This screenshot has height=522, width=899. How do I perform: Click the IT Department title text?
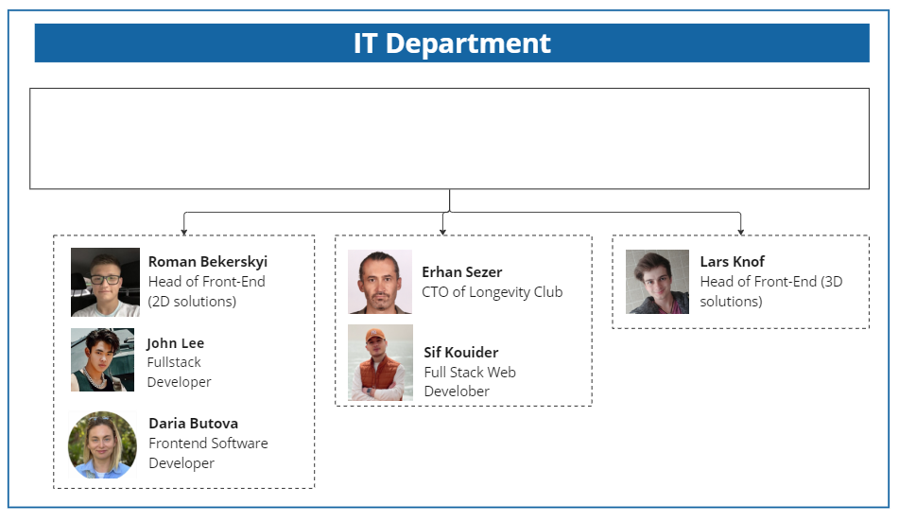coord(452,43)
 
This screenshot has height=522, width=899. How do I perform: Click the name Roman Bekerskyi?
coord(208,261)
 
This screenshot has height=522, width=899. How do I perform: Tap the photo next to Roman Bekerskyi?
coord(105,282)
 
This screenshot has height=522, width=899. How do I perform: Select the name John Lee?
coord(175,342)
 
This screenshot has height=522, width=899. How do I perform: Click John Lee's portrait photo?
coord(102,359)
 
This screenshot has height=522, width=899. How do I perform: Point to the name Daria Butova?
coord(193,423)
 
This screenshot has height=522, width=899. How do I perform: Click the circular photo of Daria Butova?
coord(102,444)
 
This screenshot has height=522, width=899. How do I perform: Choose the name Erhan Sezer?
coord(462,271)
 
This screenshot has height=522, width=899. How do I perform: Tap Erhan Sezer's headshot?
coord(379,281)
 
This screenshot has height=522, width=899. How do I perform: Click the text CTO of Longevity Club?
coord(492,291)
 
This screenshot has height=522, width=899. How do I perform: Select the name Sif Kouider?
coord(460,352)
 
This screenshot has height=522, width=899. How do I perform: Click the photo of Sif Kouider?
coord(380,362)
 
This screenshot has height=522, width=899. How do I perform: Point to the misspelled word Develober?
coord(457,391)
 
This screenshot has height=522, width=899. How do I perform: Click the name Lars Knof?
coord(732,261)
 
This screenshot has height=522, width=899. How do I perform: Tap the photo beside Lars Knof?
coord(657,281)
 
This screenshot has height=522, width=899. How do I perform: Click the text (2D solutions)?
coord(192,302)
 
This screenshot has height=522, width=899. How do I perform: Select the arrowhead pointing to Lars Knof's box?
coord(740,230)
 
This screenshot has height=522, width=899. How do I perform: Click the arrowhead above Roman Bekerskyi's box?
coord(183,230)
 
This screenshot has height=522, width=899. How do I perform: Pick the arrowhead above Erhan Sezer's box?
coord(442,230)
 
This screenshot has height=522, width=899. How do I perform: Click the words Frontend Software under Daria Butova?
coord(208,443)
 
